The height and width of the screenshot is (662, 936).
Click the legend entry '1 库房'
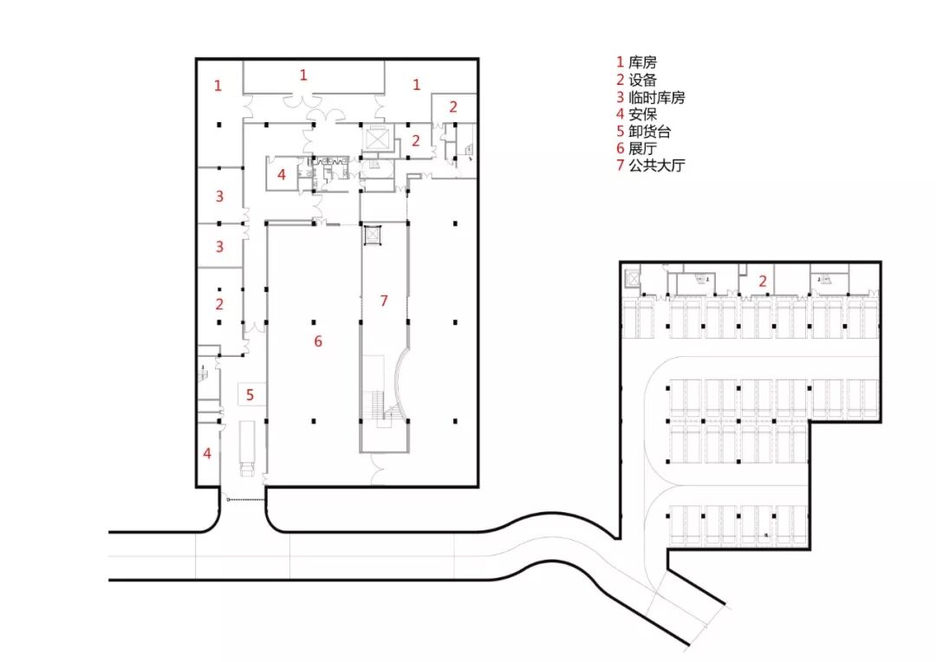click(636, 62)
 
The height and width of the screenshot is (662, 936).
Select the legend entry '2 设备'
click(636, 80)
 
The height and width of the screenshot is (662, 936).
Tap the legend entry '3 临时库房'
click(650, 97)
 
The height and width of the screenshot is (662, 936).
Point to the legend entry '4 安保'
click(636, 114)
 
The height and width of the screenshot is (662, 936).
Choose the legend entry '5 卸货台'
click(643, 132)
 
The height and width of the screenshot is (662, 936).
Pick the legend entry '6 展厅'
click(636, 148)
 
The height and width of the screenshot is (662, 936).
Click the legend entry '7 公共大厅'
click(650, 165)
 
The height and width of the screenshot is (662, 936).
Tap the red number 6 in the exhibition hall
click(318, 341)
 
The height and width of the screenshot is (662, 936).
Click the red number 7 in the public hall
click(384, 301)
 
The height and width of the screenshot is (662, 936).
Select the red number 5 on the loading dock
click(250, 395)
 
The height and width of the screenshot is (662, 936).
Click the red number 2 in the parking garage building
click(763, 281)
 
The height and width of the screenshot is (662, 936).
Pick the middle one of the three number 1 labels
click(303, 75)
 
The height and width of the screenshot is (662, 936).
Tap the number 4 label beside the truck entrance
click(207, 452)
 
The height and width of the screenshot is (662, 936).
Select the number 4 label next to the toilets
click(281, 173)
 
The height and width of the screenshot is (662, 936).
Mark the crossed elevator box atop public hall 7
click(373, 235)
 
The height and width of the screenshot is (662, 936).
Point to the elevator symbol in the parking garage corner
click(632, 278)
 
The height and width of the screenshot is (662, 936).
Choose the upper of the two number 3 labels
click(219, 197)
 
